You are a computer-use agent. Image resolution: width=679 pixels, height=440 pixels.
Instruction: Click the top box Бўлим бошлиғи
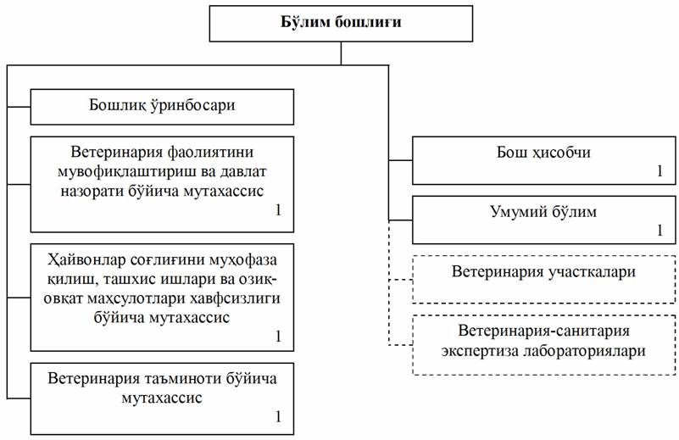click(342, 22)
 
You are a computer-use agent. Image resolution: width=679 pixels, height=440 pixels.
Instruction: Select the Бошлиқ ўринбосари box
click(162, 107)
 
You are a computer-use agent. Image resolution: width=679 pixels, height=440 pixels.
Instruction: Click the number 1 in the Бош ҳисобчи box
click(659, 171)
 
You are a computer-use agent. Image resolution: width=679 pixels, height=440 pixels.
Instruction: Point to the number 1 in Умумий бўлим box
click(659, 230)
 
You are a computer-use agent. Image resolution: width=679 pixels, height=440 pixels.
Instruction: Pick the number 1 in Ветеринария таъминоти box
click(276, 416)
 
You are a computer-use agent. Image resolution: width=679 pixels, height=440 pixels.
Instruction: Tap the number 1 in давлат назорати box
click(276, 209)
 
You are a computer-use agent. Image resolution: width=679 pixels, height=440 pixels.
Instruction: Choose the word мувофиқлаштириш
click(122, 174)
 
